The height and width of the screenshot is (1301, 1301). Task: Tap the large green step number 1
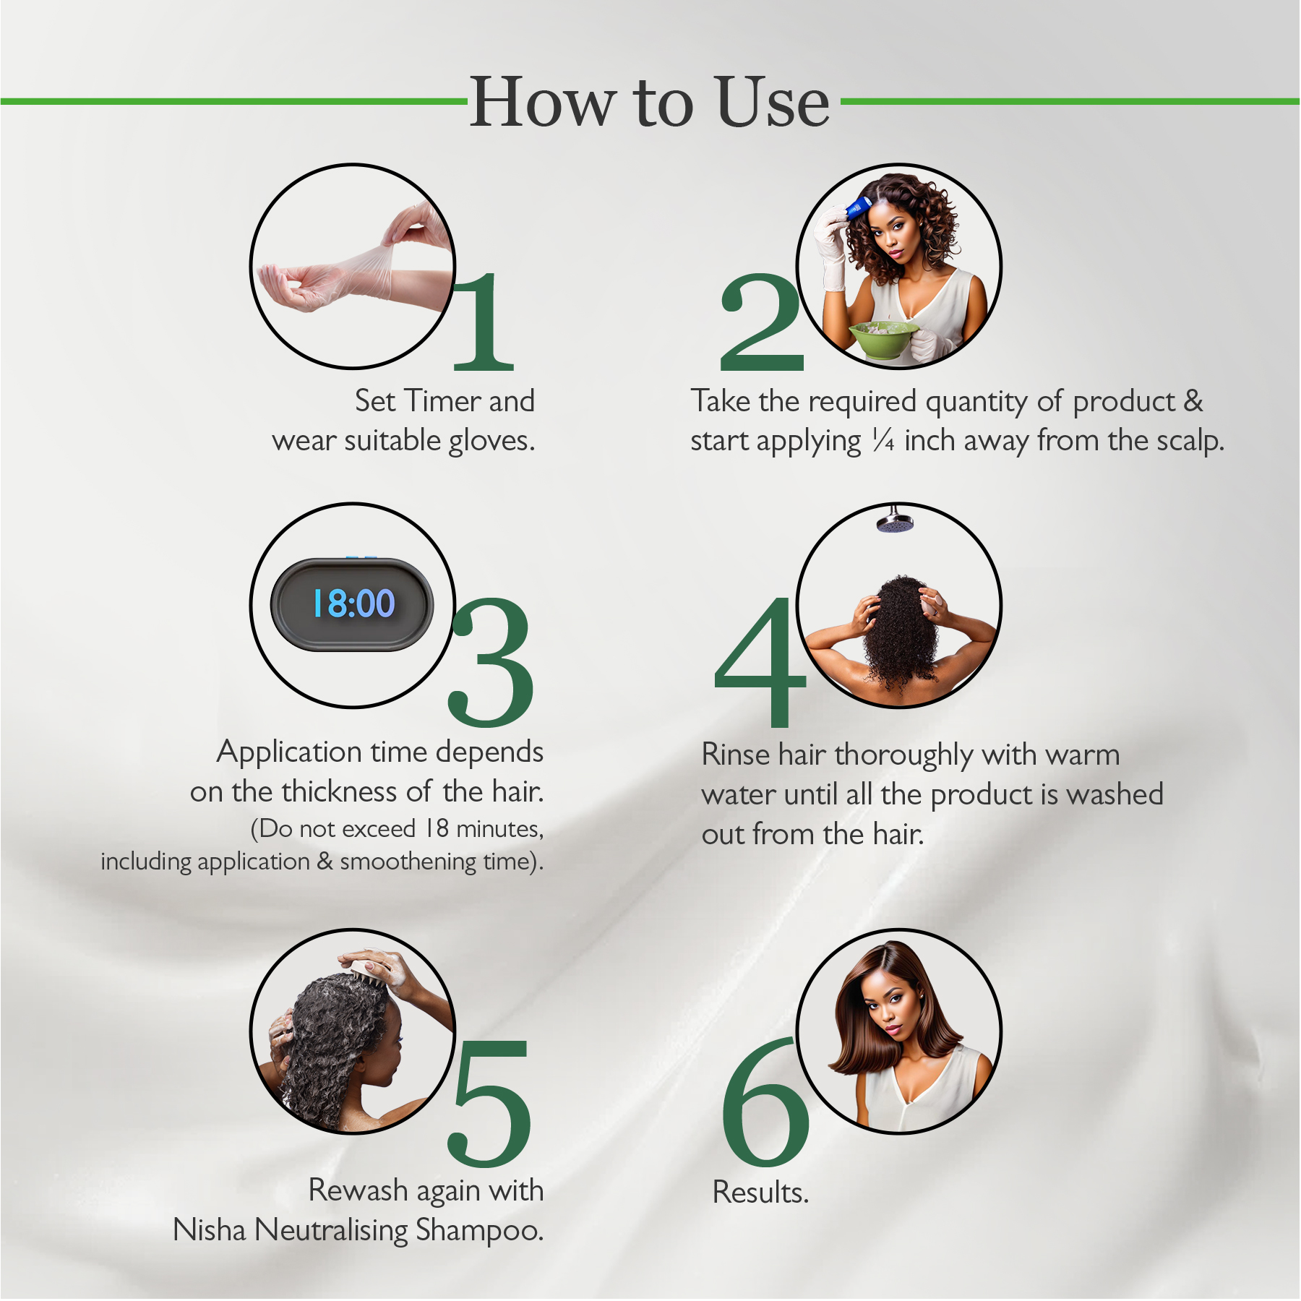(x=484, y=322)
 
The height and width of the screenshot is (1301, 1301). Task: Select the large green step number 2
(x=761, y=322)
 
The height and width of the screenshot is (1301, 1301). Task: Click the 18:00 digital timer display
(x=353, y=604)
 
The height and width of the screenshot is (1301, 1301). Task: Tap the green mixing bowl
(x=883, y=339)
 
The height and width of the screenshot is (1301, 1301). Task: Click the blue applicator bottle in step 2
(x=859, y=208)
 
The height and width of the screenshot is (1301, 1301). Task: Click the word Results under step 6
(x=760, y=1193)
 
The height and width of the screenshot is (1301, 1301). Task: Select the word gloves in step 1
(x=491, y=442)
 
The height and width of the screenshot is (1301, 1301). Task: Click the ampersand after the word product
(x=1193, y=401)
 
